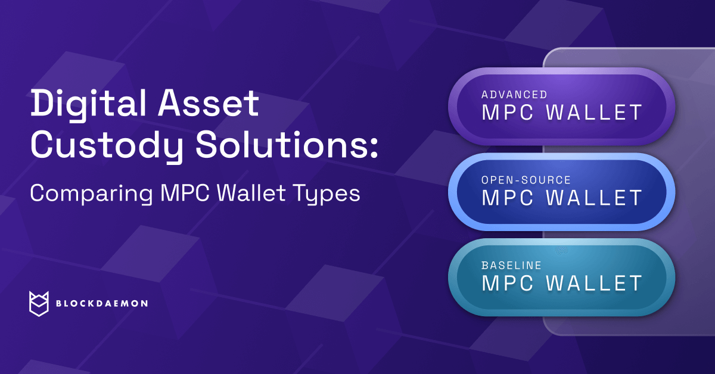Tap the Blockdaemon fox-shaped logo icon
(38, 303)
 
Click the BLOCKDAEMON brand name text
(101, 304)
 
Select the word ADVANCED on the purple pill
(514, 95)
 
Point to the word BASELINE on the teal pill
(512, 265)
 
